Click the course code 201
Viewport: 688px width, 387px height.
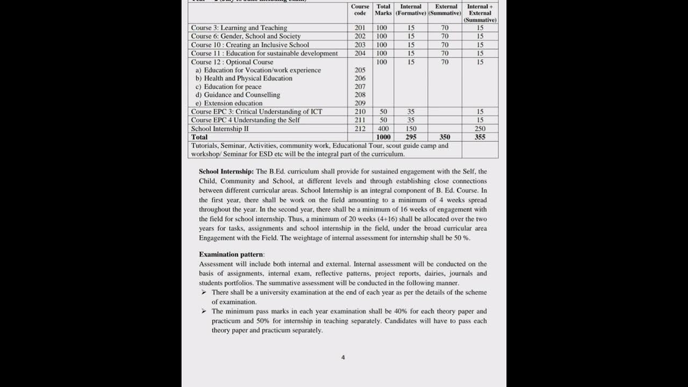point(360,28)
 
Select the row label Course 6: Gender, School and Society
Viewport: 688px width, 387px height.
point(246,37)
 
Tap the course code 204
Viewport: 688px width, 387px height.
point(360,54)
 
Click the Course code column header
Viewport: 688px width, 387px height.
point(360,10)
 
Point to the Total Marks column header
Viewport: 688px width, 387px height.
point(383,10)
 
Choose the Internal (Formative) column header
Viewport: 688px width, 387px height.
point(411,10)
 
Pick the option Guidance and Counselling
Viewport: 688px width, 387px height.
point(241,95)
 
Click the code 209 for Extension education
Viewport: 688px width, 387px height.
point(360,103)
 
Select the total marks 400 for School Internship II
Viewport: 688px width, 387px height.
point(383,129)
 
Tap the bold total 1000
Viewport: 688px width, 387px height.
point(383,137)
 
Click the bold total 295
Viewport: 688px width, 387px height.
point(411,137)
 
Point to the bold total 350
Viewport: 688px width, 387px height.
point(445,137)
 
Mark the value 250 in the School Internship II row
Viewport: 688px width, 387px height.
point(480,129)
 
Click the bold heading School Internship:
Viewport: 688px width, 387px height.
point(226,171)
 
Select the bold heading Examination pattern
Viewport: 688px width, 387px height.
point(231,254)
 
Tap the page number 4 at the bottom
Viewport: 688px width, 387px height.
point(343,357)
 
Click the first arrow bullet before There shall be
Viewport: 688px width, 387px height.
point(204,292)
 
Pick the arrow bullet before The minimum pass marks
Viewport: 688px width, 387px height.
point(204,311)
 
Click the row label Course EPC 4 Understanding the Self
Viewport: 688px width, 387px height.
point(245,120)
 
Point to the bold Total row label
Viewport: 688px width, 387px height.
point(199,137)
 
